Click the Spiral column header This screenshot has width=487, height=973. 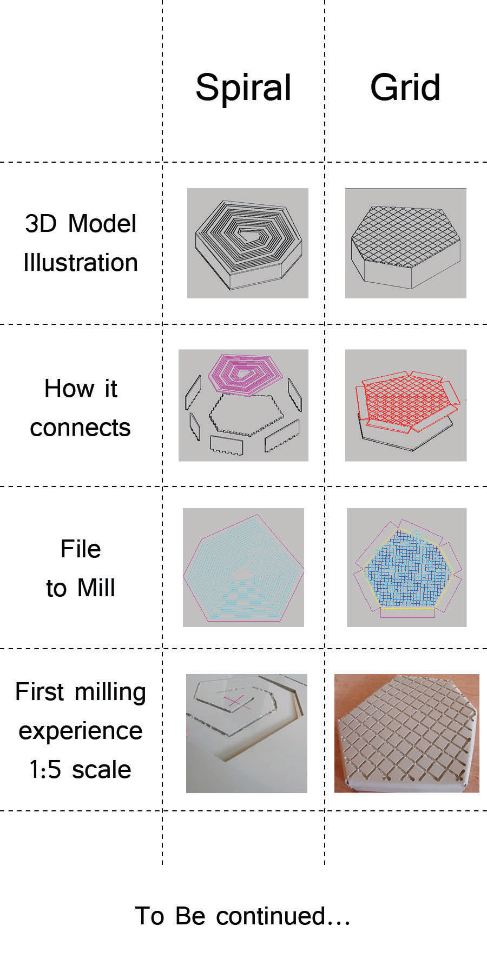point(243,88)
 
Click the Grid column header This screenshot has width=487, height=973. point(405,87)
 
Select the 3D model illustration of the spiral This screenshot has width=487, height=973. point(248,243)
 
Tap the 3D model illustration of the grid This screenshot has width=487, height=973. point(406,243)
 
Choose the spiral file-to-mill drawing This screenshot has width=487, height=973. point(243,568)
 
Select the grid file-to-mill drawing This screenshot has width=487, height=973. point(407,568)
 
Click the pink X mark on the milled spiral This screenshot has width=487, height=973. point(236,702)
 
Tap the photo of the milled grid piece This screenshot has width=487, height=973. point(407,734)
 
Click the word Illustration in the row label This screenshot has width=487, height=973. point(81,263)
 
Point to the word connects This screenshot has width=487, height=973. point(80,428)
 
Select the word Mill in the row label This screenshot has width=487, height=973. point(96,588)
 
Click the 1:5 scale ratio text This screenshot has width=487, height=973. point(80,770)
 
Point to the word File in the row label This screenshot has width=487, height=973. point(81,549)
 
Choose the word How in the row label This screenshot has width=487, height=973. point(65,388)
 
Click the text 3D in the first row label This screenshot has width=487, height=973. point(41,224)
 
